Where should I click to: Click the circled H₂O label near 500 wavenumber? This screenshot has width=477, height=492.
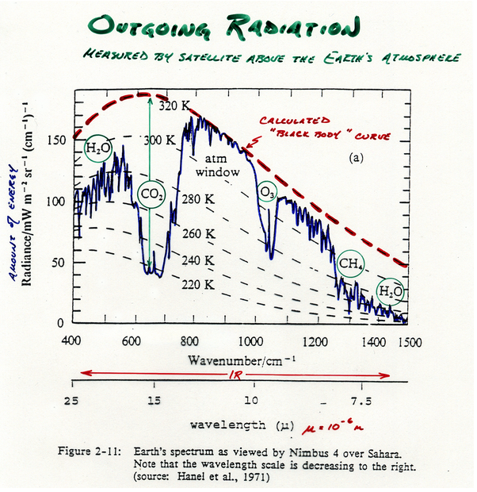99,148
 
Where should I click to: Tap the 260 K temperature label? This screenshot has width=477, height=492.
199,234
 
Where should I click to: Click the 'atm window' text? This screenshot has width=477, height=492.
212,166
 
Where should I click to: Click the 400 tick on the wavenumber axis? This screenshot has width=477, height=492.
72,340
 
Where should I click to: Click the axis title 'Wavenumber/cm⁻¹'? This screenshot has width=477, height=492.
236,359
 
